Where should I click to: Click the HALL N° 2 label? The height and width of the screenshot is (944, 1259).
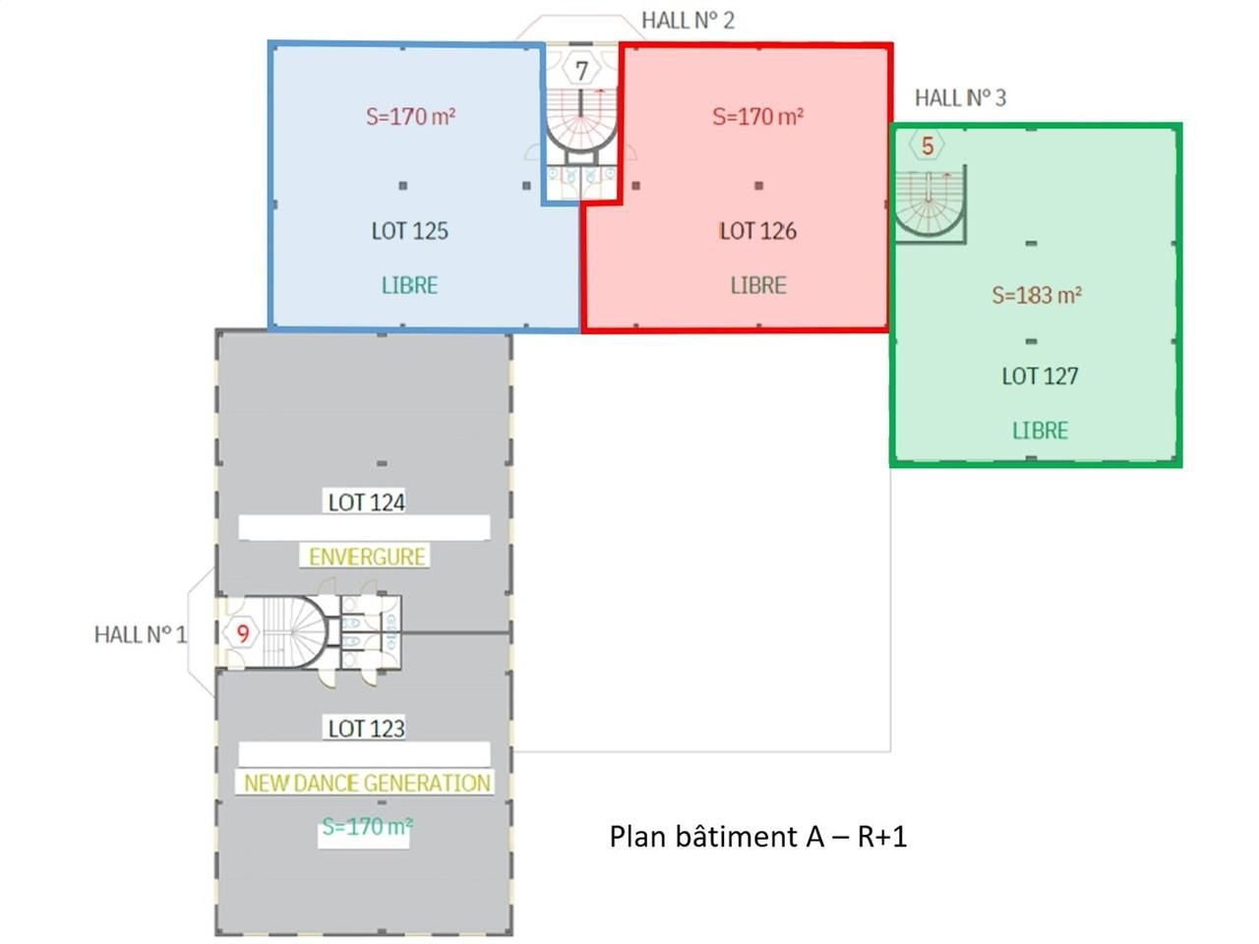[x=688, y=21]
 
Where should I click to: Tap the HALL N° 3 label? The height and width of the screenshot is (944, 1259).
[x=960, y=97]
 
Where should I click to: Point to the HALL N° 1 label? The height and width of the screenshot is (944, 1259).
[x=140, y=634]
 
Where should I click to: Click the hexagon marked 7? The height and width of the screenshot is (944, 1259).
[x=582, y=71]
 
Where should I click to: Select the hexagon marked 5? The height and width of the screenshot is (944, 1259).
[x=927, y=147]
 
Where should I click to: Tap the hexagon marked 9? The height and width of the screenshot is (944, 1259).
[x=243, y=633]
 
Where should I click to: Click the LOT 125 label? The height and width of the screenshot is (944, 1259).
[x=409, y=231]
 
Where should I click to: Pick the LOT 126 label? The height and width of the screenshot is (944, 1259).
[x=757, y=231]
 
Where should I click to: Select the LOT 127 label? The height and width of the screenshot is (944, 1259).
[x=1040, y=376]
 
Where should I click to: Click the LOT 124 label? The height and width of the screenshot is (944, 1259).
[x=366, y=502]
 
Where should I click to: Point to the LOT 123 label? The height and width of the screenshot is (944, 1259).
[x=366, y=729]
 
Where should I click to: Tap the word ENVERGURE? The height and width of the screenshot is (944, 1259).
[x=367, y=557]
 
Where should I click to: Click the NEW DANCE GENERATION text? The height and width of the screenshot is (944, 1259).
[x=367, y=783]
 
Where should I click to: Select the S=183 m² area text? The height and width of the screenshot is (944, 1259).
[x=1037, y=295]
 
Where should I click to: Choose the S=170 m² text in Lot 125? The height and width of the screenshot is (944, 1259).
[x=410, y=116]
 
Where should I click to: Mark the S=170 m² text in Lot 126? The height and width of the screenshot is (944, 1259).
[x=757, y=116]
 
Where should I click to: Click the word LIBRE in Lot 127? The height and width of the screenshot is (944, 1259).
[x=1040, y=431]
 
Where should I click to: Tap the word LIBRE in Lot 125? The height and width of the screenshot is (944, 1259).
[x=409, y=285]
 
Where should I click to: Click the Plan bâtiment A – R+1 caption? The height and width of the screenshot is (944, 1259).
[x=757, y=836]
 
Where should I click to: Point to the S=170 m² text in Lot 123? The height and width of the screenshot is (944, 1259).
[x=367, y=827]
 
